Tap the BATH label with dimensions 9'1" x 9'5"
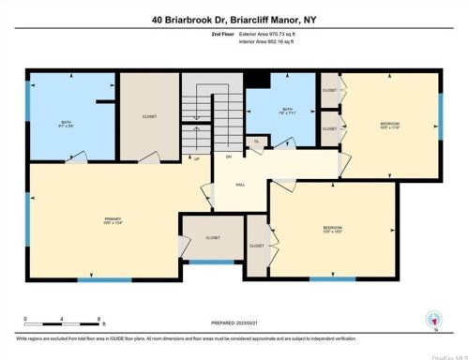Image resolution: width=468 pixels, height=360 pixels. click(x=67, y=124)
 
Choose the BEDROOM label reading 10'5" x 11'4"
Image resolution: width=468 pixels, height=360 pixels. click(x=390, y=126)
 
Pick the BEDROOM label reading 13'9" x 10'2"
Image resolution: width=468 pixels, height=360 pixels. click(x=333, y=230)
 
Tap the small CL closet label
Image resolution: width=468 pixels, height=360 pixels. click(x=255, y=142)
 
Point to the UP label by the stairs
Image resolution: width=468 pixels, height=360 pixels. click(x=196, y=158)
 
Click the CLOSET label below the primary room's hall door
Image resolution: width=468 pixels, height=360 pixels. click(x=213, y=238)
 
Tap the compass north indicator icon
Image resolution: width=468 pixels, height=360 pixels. click(x=431, y=319)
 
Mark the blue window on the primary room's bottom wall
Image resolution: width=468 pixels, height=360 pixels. click(x=98, y=279)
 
